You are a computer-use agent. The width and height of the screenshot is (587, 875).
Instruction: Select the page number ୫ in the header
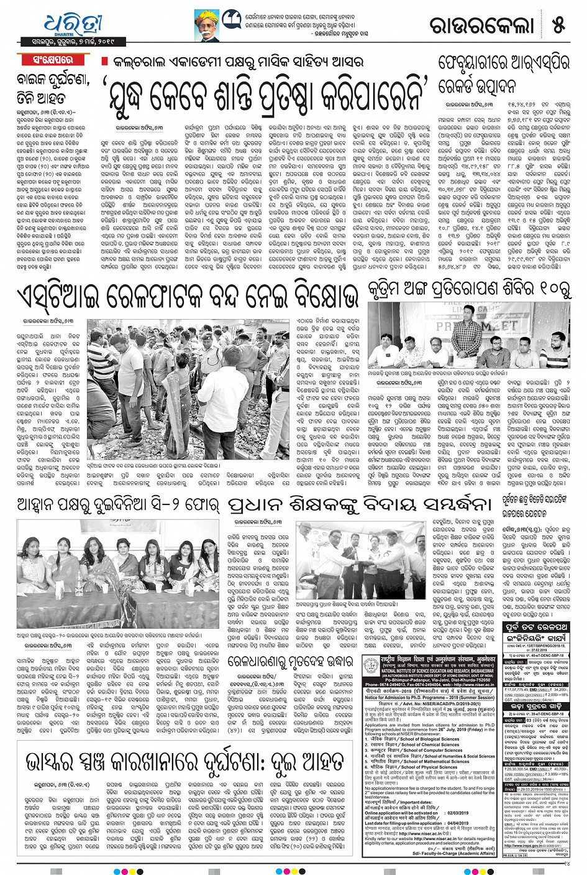(558, 25)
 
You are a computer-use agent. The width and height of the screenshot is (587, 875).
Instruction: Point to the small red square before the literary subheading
(104, 62)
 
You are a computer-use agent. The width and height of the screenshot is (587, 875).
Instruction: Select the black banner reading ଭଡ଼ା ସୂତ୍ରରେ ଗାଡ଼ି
(535, 706)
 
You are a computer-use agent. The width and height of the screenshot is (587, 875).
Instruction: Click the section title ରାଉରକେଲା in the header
(482, 25)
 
